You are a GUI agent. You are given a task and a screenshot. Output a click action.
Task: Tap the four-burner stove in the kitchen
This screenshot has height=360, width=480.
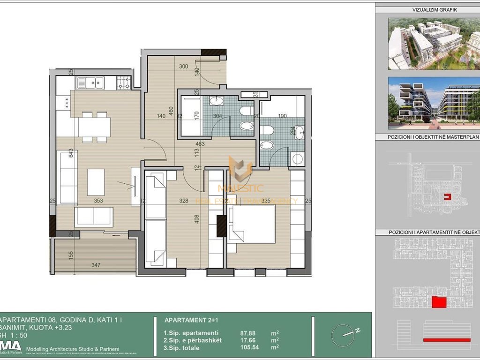(123, 83)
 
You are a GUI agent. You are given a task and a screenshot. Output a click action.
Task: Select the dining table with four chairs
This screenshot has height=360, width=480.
(94, 127)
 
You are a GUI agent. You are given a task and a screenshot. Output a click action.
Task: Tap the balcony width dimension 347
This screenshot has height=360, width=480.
(96, 265)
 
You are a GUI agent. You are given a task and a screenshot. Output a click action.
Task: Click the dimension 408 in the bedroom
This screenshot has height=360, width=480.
(197, 219)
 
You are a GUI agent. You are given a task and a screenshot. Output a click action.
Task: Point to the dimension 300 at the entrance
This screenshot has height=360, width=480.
(184, 67)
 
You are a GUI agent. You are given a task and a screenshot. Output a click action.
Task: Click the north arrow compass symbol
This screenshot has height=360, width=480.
(346, 335)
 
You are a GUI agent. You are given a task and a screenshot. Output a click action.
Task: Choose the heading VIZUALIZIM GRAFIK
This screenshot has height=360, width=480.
(428, 9)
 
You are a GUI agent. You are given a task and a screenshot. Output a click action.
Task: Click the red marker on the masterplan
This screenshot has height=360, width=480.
(448, 197)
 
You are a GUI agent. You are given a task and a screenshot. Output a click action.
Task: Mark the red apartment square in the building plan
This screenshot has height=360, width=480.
(438, 302)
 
